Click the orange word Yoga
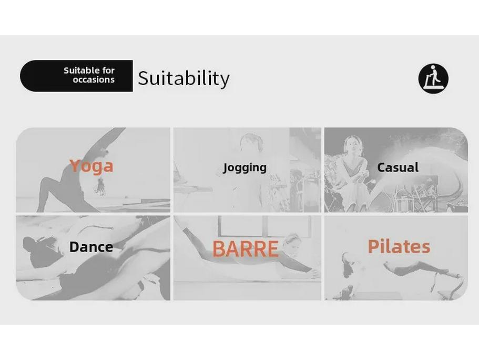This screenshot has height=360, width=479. [x=91, y=166]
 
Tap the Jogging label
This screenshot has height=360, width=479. [x=244, y=167]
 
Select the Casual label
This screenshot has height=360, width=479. [x=398, y=167]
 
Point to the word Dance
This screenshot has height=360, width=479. [x=91, y=247]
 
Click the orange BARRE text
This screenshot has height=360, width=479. [x=245, y=249]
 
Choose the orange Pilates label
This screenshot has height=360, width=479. [x=399, y=246]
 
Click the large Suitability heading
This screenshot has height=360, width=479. [x=184, y=78]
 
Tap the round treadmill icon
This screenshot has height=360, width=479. [x=433, y=78]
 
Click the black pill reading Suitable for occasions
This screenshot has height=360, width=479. [x=76, y=76]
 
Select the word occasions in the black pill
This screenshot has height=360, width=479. [x=94, y=80]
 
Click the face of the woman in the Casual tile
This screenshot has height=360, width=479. [x=353, y=145]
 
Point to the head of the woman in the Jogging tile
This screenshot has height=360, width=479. [x=251, y=142]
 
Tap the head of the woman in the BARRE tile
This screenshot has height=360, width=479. [x=291, y=241]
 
